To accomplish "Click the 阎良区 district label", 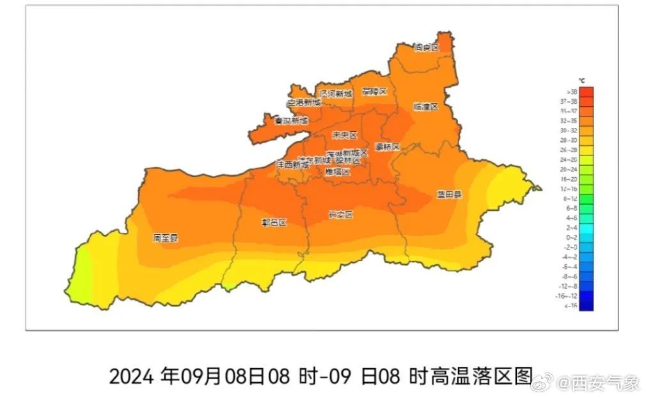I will pyautogui.click(x=426, y=47).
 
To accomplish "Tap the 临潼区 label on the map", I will pyautogui.click(x=425, y=107).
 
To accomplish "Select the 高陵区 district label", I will pyautogui.click(x=374, y=92).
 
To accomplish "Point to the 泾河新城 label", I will pyautogui.click(x=336, y=94).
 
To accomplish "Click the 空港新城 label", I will pyautogui.click(x=303, y=102).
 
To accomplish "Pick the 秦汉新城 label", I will pyautogui.click(x=291, y=120).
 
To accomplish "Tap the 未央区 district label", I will pyautogui.click(x=344, y=135).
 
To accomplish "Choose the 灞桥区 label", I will pyautogui.click(x=386, y=147).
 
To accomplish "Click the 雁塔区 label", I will pyautogui.click(x=337, y=172).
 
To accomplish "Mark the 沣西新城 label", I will pyautogui.click(x=292, y=164).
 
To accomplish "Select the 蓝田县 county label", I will pyautogui.click(x=449, y=194).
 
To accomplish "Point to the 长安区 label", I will pyautogui.click(x=340, y=214).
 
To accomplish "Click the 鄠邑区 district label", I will pyautogui.click(x=274, y=223).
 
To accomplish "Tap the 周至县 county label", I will pyautogui.click(x=165, y=238).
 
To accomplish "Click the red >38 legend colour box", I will pyautogui.click(x=586, y=92).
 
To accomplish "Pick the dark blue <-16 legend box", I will pyautogui.click(x=586, y=306).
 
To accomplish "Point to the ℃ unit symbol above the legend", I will pyautogui.click(x=581, y=81).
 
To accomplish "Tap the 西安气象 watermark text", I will pyautogui.click(x=606, y=383).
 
